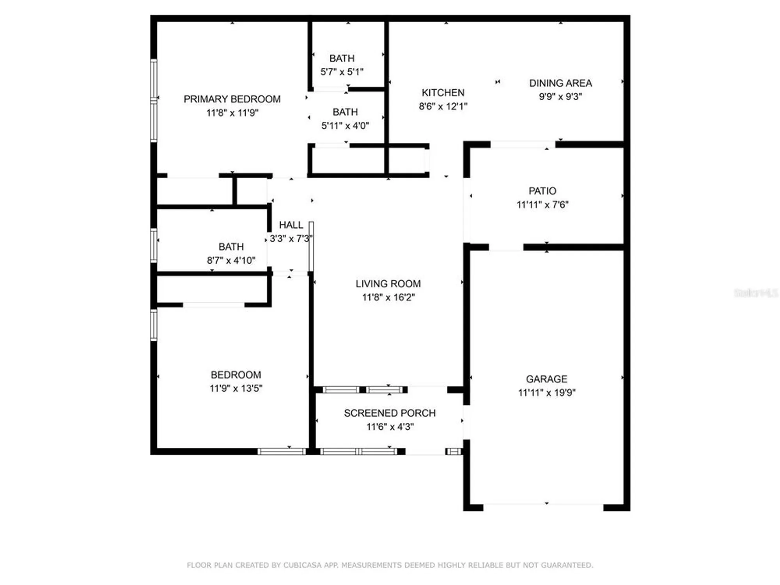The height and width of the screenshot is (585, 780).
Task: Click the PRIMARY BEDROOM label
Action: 232,99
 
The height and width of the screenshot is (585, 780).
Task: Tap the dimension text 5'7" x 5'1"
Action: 342,72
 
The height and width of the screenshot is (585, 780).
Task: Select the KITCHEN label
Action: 443,93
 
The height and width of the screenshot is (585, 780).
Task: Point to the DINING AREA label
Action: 560,83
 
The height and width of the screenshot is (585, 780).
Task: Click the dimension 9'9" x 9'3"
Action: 560,97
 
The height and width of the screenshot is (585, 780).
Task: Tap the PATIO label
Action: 542,191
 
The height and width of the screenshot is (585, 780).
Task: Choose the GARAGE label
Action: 546,379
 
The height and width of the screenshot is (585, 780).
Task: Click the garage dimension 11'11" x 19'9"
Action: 546,393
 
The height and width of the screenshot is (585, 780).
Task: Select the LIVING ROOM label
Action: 388,284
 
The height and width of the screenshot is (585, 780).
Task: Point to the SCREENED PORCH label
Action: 390,413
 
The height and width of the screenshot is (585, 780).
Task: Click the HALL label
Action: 291,225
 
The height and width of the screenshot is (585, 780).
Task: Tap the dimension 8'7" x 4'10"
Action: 231,261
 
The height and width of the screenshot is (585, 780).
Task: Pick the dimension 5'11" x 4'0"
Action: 345,126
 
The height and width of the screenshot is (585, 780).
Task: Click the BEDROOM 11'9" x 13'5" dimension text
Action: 236,388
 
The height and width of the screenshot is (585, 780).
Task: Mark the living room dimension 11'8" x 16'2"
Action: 388,298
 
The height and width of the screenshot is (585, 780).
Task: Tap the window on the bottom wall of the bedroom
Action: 282,452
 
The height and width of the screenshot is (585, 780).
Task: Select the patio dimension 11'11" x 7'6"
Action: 542,205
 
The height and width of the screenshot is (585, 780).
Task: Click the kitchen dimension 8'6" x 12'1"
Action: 443,106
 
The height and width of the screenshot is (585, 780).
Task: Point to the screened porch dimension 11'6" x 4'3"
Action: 390,427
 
